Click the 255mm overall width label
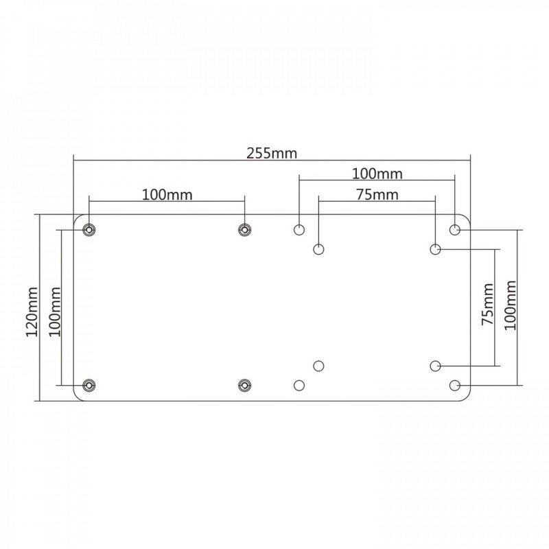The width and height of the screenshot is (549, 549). (x=272, y=153)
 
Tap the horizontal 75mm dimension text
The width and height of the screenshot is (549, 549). (x=377, y=194)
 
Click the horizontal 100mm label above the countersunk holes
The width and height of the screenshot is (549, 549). (x=167, y=194)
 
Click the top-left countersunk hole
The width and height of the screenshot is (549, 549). (x=89, y=229)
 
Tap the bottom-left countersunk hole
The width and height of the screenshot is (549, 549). (x=89, y=385)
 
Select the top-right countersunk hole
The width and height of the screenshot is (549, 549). (x=244, y=229)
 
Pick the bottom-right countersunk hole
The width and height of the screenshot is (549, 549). (x=244, y=385)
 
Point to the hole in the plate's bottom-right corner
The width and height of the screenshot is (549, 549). (x=455, y=385)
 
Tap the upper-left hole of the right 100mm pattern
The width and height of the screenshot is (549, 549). (x=299, y=229)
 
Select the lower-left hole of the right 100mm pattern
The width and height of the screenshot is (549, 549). (x=299, y=385)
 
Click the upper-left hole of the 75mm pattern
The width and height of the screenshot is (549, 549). (x=318, y=248)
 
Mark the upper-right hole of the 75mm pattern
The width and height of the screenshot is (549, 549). (x=436, y=248)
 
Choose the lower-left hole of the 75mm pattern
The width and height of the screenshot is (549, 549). (x=318, y=366)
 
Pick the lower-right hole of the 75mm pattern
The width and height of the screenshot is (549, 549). (x=436, y=366)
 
